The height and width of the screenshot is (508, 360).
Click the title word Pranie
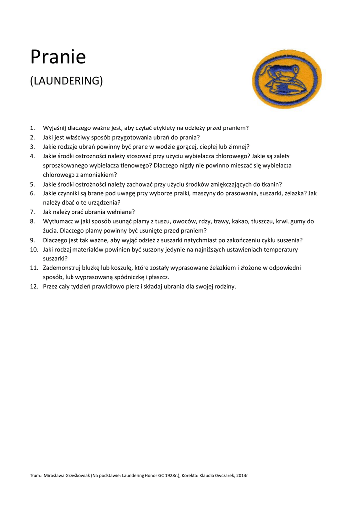[58, 57]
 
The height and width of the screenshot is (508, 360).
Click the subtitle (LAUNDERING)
[67, 80]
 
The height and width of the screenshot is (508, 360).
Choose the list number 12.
[34, 286]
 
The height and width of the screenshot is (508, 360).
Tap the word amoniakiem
[101, 175]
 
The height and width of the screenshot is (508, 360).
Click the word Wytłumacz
[59, 221]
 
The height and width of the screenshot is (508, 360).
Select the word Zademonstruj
[62, 268]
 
